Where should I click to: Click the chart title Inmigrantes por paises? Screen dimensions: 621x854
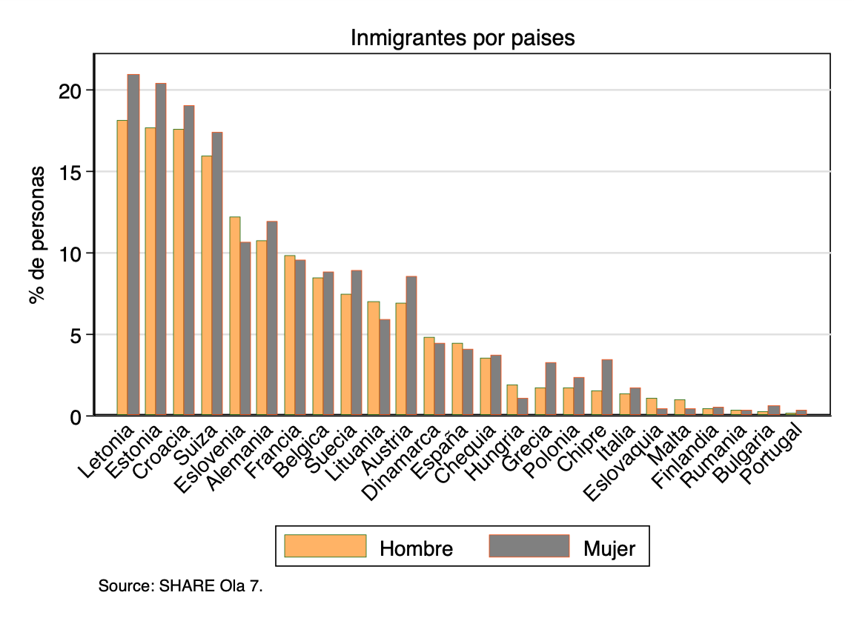pos(463,38)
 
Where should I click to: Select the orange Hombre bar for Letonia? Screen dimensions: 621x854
pos(122,267)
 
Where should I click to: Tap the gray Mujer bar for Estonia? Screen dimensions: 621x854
pos(161,248)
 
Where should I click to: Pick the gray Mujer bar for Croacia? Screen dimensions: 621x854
pos(189,259)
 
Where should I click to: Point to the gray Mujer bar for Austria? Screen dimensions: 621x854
pos(411,345)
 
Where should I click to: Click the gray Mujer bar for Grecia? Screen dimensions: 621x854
pos(551,388)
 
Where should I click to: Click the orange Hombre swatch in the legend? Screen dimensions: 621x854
pos(325,545)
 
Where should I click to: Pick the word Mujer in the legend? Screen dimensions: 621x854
pos(609,549)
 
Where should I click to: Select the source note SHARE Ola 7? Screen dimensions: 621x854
pos(181,587)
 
